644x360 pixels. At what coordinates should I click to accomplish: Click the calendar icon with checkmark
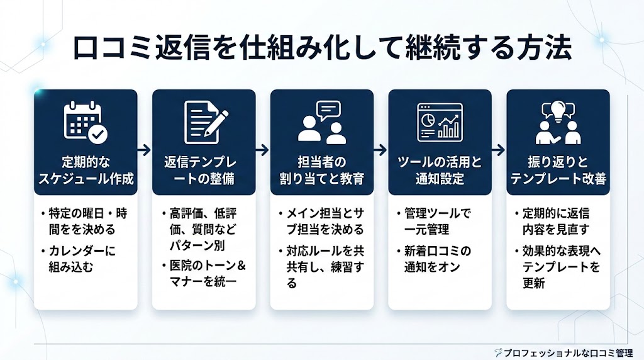[x=86, y=121]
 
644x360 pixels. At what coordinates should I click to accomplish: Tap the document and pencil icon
[x=204, y=121]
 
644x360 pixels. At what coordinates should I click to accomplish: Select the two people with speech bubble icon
[x=321, y=121]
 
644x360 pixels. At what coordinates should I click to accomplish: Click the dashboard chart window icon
[x=440, y=121]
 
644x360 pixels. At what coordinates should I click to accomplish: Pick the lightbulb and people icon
[x=558, y=121]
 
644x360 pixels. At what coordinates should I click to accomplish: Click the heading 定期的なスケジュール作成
[x=86, y=171]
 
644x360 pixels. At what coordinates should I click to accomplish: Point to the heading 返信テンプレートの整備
[x=204, y=171]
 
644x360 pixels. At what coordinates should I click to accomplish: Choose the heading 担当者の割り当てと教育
[x=321, y=171]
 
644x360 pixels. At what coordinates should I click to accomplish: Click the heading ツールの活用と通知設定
[x=440, y=171]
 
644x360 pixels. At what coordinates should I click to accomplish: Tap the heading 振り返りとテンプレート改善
[x=558, y=171]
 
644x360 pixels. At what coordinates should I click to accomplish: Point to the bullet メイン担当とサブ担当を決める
[x=323, y=222]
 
